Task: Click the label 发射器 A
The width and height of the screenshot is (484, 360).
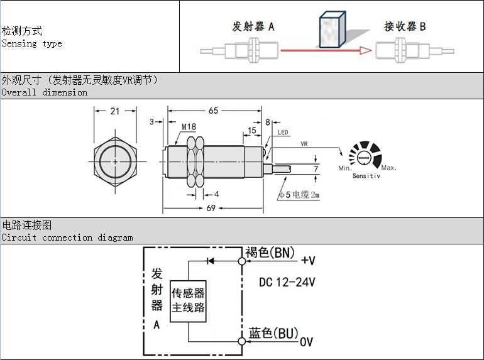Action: pos(253,26)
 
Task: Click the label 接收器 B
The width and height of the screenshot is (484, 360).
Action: pos(405,26)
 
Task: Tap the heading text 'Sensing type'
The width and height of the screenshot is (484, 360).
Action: pos(31,43)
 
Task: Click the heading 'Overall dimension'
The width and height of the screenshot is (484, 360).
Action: pos(44,92)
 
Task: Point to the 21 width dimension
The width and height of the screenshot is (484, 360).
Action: pos(114,111)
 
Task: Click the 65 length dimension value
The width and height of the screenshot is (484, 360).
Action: pos(213,111)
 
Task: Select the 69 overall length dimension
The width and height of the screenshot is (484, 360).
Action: pos(213,208)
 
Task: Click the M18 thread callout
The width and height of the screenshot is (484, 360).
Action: pos(189,128)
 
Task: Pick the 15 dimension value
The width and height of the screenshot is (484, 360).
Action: pos(252,130)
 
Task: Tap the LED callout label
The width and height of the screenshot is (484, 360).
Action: pos(283,133)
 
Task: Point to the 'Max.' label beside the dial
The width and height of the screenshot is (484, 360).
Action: pos(388,168)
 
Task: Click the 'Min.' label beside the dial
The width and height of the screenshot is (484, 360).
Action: pos(344,168)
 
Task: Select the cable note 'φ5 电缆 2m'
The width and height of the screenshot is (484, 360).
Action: pos(299,195)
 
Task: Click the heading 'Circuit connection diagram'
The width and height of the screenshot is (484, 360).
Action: pos(67,237)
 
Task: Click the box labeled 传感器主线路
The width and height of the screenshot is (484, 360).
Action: pos(189,301)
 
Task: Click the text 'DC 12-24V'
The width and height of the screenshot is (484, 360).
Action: pos(287,283)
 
